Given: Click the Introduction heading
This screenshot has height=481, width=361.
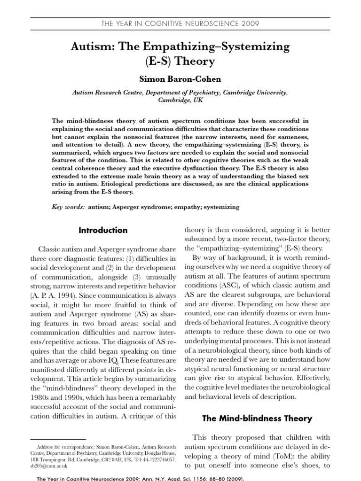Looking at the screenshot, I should (x=103, y=230).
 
